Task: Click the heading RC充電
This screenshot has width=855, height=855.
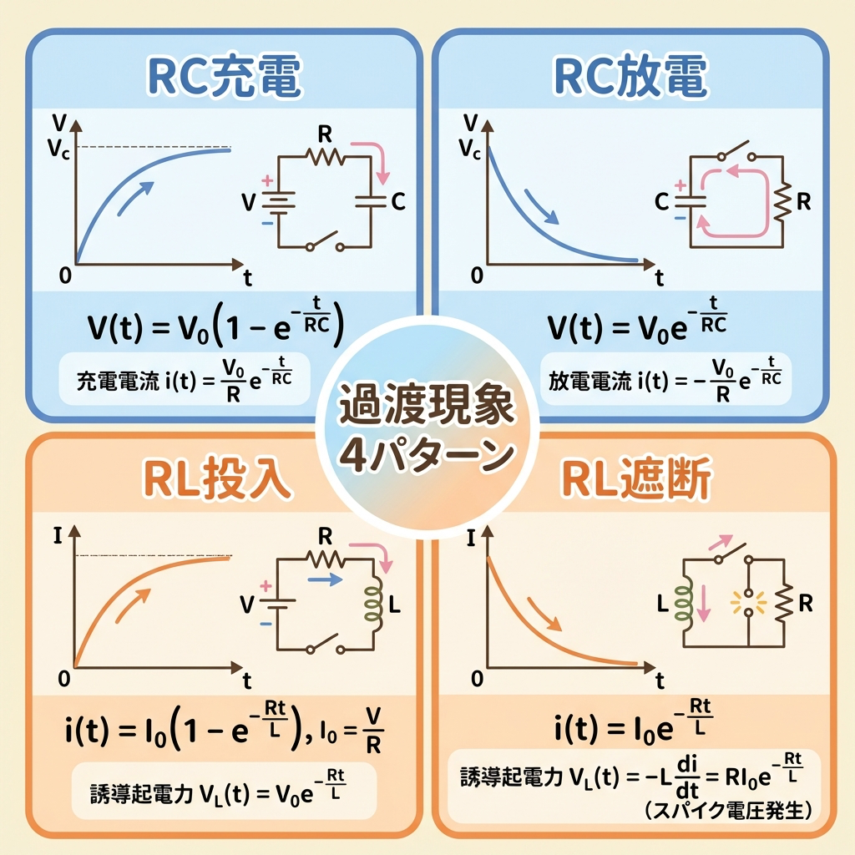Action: pyautogui.click(x=224, y=78)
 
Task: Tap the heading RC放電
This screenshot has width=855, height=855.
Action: pyautogui.click(x=631, y=78)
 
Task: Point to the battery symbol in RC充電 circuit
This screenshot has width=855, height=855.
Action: pyautogui.click(x=278, y=201)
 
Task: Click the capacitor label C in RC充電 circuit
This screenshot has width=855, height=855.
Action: pyautogui.click(x=398, y=201)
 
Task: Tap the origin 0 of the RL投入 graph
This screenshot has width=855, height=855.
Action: pyautogui.click(x=64, y=679)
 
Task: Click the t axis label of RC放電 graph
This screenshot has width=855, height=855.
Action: pyautogui.click(x=660, y=276)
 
